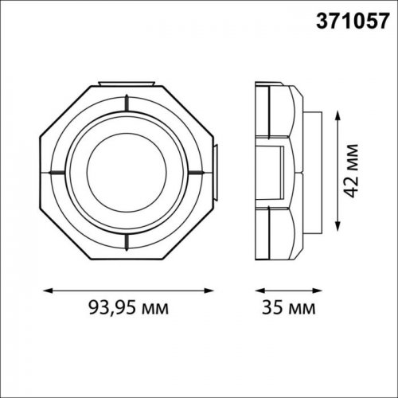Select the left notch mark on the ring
pos(57,170)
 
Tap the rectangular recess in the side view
pos(280,170)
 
